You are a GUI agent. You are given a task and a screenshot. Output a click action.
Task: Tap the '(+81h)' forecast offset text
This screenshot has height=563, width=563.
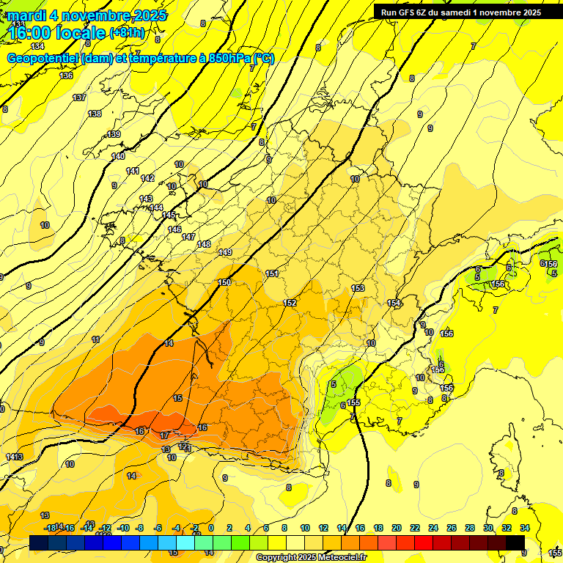(127, 32)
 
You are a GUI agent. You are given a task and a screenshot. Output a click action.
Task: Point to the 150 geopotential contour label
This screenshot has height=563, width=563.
(224, 282)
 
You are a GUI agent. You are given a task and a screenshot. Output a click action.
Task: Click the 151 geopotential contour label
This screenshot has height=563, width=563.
(272, 273)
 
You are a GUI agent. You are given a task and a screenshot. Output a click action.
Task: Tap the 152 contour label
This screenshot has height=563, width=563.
(290, 303)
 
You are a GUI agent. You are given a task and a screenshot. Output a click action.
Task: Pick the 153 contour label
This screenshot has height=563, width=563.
(358, 288)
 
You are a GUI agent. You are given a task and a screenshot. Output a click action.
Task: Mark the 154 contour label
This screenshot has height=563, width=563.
(394, 303)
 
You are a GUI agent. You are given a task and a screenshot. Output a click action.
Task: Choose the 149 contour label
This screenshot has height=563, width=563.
(225, 252)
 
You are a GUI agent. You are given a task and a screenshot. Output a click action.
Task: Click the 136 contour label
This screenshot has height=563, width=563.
(67, 76)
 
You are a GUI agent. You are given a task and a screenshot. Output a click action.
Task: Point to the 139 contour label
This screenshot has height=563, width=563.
(114, 134)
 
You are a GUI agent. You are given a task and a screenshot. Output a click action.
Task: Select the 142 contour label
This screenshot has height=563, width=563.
(147, 178)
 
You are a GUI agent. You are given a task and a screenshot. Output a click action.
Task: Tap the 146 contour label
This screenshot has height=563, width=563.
(174, 229)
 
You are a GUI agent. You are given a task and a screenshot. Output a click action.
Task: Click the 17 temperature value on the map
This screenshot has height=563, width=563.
(164, 435)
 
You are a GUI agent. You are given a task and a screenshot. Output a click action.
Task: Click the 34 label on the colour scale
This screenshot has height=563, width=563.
(524, 528)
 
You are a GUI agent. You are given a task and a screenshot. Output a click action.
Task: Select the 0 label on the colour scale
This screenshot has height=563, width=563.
(211, 528)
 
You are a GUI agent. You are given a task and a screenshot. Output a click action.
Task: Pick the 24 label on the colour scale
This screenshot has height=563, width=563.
(433, 528)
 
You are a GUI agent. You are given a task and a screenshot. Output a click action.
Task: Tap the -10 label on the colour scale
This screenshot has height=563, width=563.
(123, 528)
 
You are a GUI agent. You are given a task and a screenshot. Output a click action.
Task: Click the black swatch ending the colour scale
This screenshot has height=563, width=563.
(515, 542)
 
